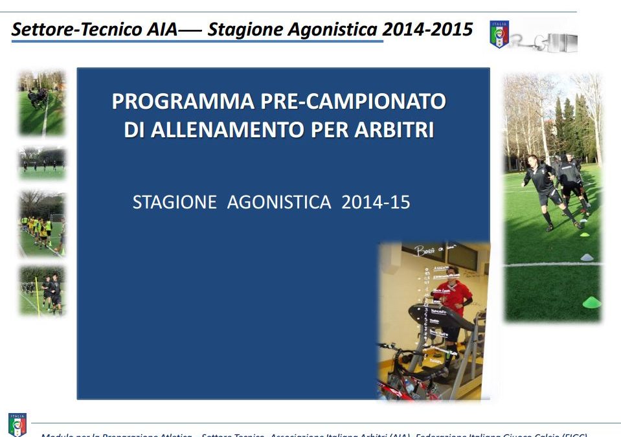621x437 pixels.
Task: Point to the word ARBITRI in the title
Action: click(394, 129)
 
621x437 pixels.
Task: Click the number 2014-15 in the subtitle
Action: click(376, 202)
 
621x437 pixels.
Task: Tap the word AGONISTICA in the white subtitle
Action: click(279, 202)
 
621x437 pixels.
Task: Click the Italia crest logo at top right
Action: click(499, 34)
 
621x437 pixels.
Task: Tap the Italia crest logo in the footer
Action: click(17, 424)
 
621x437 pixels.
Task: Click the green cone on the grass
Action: click(591, 302)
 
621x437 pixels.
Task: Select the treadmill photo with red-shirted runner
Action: click(433, 320)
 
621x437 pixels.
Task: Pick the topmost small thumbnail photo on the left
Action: click(42, 104)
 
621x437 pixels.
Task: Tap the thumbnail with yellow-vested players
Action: click(42, 225)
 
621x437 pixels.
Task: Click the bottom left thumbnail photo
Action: click(42, 291)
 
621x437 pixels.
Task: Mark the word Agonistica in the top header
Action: click(337, 30)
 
